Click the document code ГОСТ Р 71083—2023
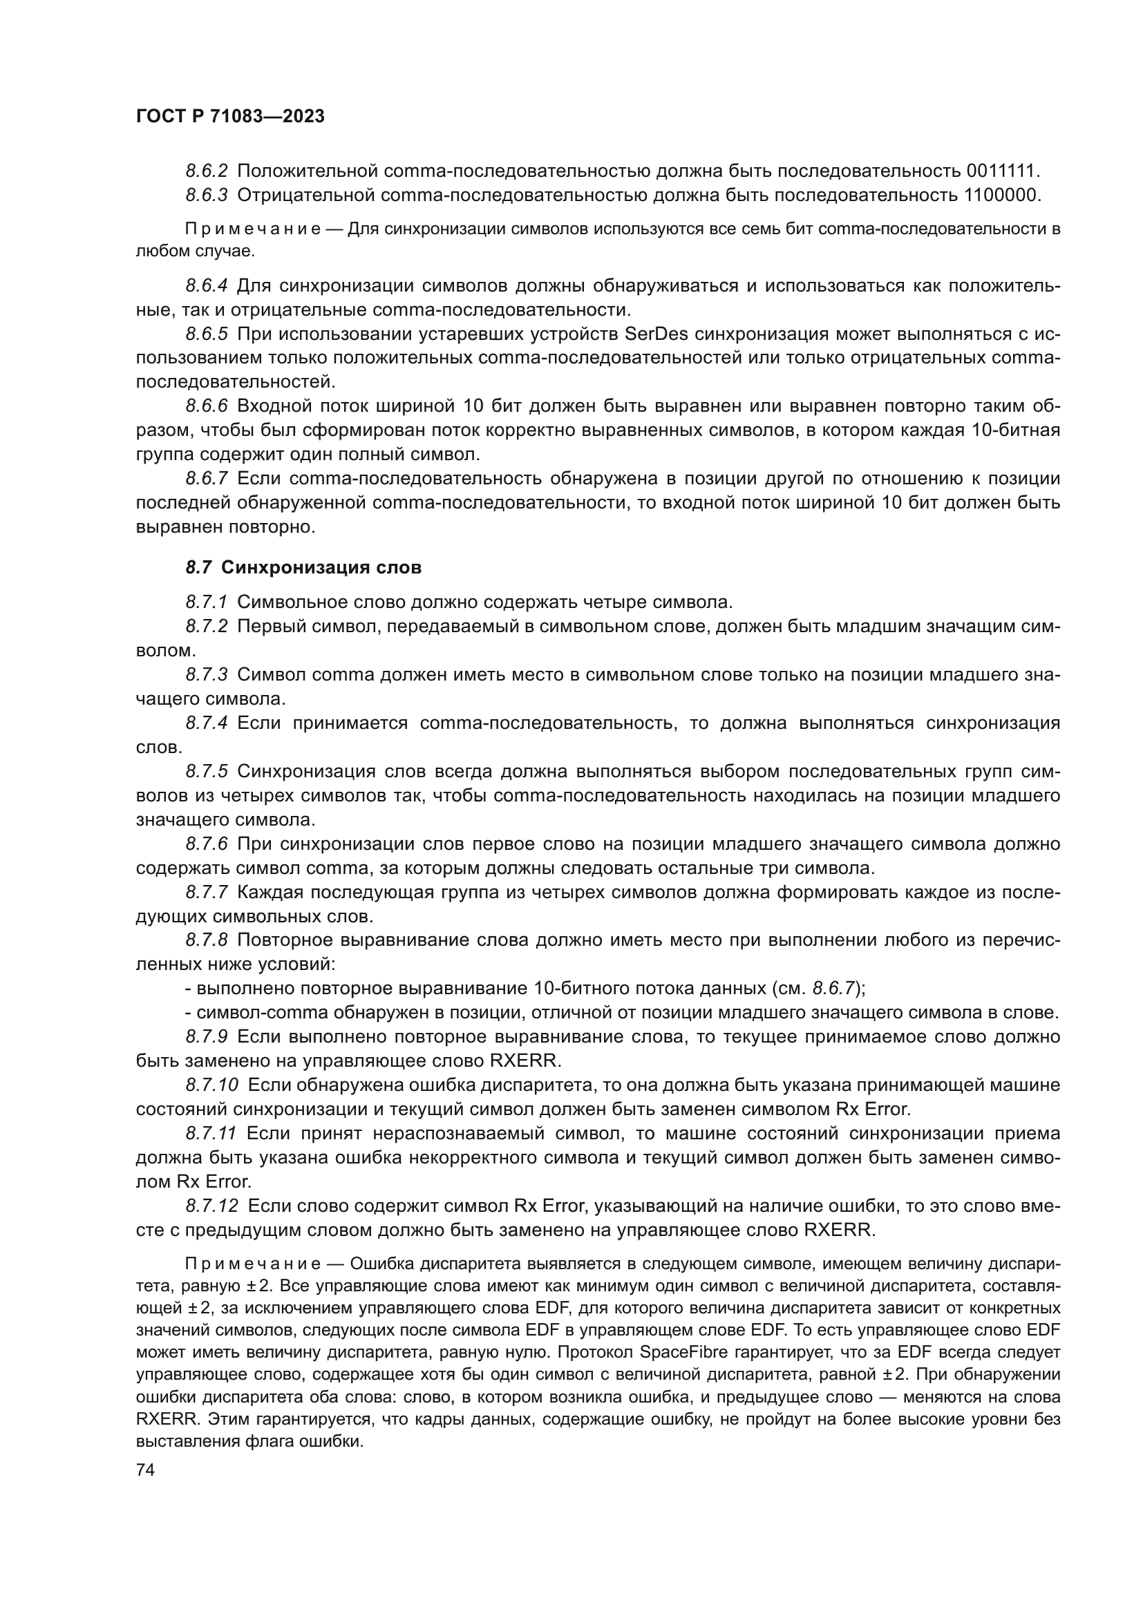(230, 117)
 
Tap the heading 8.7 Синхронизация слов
(303, 567)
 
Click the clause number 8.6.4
(207, 286)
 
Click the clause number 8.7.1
(207, 602)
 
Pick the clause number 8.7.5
(207, 772)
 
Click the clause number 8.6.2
(207, 171)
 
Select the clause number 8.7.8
(207, 940)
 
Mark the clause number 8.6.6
(207, 406)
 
